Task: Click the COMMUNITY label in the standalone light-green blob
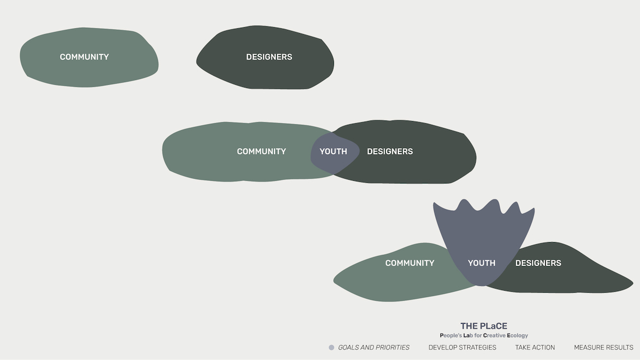tap(84, 57)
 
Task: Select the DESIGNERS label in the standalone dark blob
tap(269, 57)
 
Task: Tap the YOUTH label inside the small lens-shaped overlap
tap(333, 151)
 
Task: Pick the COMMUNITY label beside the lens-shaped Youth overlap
tap(261, 151)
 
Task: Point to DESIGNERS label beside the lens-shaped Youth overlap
tap(390, 151)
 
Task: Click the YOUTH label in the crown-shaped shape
tap(482, 263)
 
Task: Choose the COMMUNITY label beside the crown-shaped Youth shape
tap(410, 263)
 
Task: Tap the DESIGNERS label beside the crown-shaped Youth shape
tap(538, 263)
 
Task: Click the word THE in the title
tap(468, 326)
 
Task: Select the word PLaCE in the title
tap(493, 326)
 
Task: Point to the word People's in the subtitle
tap(451, 335)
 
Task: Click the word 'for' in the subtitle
tap(478, 335)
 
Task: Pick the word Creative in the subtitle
tap(494, 335)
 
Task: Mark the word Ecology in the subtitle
tap(517, 335)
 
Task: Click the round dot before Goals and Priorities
tap(331, 347)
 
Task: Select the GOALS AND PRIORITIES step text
tap(374, 347)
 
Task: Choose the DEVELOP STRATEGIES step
tap(462, 347)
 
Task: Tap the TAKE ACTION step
tap(535, 347)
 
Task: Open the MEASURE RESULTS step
tap(603, 347)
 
